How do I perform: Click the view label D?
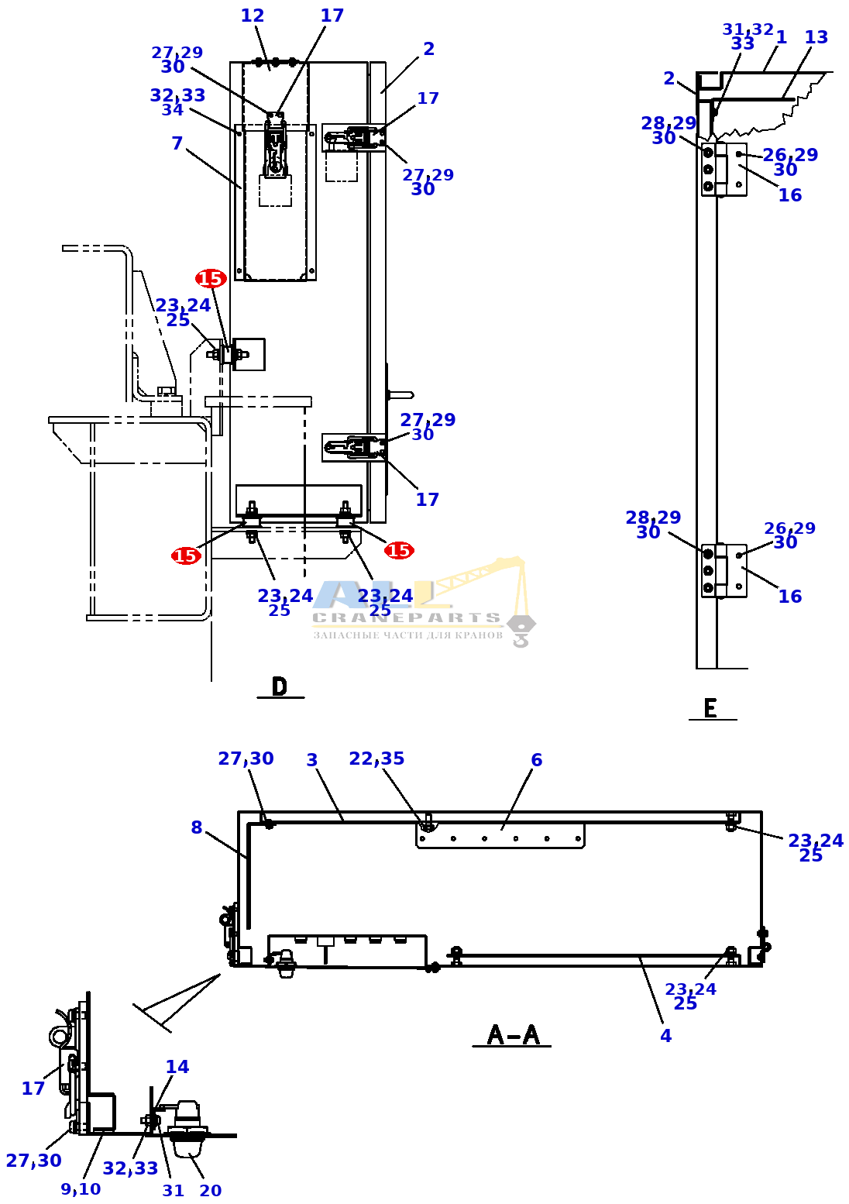click(280, 686)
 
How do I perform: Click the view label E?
click(710, 708)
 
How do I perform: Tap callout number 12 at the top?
click(252, 15)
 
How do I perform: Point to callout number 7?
click(177, 143)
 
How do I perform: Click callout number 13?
click(816, 37)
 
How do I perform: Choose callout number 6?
click(536, 759)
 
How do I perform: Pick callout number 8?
click(197, 827)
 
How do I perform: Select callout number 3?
click(312, 760)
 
